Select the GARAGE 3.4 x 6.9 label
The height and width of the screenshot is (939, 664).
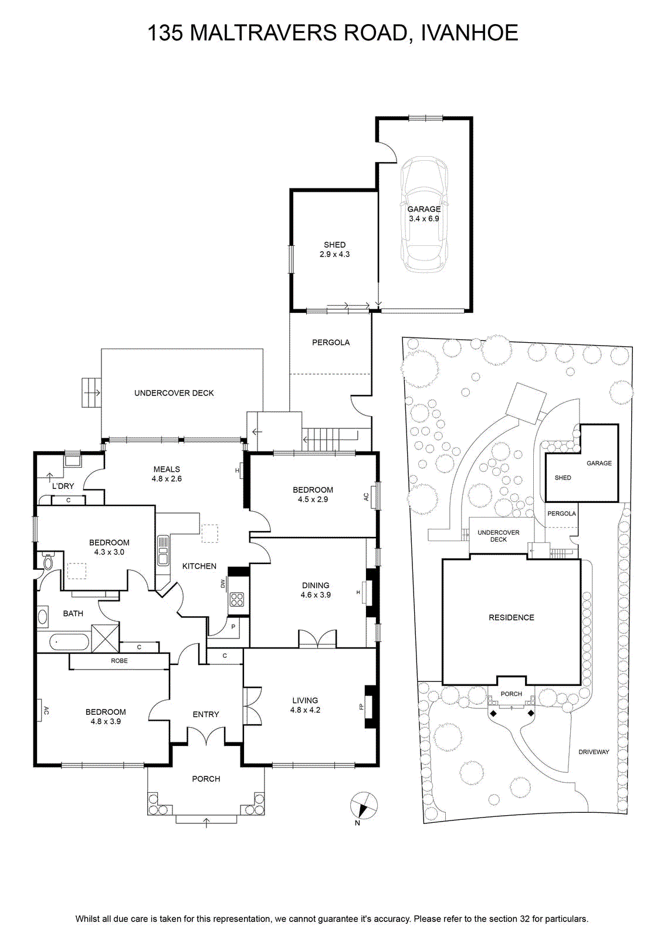point(424,214)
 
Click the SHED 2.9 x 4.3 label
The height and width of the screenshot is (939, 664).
point(334,249)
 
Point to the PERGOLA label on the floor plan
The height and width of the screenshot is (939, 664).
point(331,343)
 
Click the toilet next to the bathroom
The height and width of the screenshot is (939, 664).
point(48,561)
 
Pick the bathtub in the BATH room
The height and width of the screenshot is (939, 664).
point(69,642)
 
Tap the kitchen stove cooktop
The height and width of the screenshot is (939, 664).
point(237,599)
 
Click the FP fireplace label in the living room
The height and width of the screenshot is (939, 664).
point(361,707)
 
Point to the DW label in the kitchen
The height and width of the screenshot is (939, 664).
point(223,583)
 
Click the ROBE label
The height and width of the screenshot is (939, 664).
point(119,661)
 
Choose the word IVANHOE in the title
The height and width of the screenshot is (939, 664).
point(469,33)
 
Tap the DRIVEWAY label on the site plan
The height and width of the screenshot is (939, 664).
point(594,752)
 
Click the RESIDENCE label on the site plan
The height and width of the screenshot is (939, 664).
point(511,617)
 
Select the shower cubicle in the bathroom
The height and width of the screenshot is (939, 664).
point(105,638)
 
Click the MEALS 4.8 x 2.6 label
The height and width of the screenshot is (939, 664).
point(167,474)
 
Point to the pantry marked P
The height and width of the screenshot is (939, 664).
point(233,627)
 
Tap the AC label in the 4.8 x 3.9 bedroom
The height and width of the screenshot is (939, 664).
point(46,710)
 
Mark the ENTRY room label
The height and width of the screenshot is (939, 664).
point(206,714)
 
